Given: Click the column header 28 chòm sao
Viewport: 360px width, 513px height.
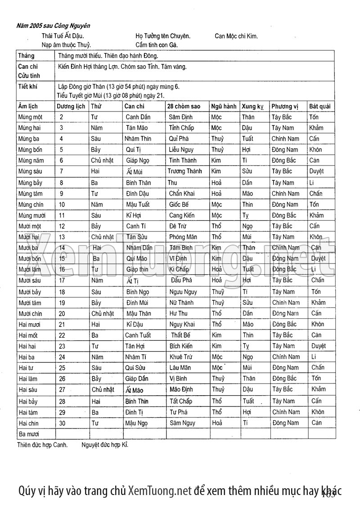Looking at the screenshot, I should click(x=184, y=107).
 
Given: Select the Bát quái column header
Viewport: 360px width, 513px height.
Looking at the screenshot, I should click(x=320, y=107).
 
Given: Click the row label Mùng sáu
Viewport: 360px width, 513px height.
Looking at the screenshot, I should click(x=31, y=171).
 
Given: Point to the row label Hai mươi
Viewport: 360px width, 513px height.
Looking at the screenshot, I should click(x=30, y=324).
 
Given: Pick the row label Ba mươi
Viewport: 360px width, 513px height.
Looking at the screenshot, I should click(x=29, y=434).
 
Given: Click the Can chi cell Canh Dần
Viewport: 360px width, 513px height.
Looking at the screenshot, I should click(x=139, y=117).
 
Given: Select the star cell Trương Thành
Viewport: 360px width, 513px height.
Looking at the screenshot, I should click(x=184, y=171).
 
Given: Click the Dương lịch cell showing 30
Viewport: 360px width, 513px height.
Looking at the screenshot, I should click(x=63, y=423).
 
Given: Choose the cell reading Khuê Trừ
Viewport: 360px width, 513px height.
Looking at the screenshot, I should click(x=181, y=357).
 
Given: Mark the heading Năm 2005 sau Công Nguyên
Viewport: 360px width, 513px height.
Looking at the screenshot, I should click(x=53, y=26).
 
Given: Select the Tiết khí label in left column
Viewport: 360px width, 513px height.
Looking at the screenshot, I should click(x=27, y=85).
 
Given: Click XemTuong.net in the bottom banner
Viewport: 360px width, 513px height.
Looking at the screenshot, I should click(x=160, y=491).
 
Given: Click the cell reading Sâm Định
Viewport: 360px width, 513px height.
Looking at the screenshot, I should click(x=181, y=117).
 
